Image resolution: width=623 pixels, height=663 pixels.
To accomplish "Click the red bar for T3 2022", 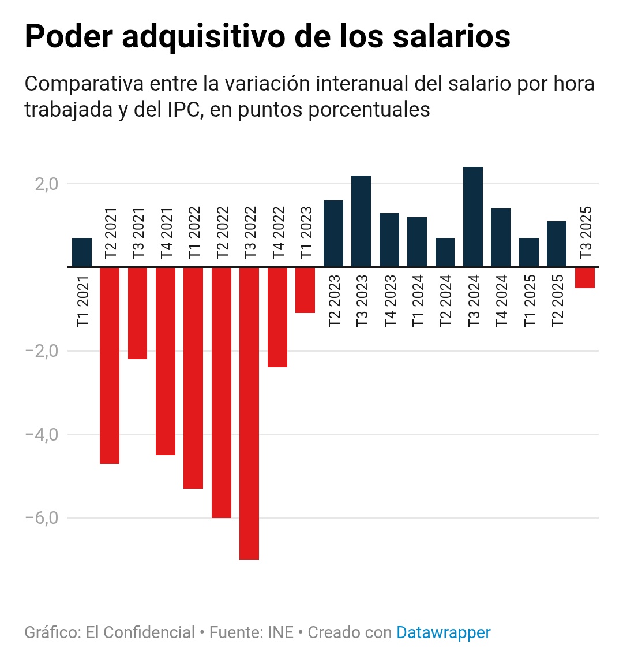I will click(249, 413).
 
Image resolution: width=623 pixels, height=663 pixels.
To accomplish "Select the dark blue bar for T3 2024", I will click(473, 217).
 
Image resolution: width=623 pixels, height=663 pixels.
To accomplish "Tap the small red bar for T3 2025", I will click(585, 278).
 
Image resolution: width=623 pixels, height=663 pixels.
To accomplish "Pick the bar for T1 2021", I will click(82, 252).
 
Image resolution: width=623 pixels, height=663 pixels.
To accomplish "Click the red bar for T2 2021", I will click(110, 365).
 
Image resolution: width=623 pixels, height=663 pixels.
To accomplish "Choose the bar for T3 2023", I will click(361, 221).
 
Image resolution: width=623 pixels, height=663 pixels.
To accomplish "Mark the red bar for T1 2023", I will click(305, 290).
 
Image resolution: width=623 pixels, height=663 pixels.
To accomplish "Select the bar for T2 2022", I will click(222, 393).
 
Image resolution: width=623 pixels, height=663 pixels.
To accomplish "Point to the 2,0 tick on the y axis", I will click(46, 184).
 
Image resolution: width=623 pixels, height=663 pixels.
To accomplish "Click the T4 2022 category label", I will click(278, 232).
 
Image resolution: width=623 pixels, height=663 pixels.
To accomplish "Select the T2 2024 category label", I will click(445, 301).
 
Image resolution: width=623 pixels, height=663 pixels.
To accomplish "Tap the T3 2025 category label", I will click(586, 232).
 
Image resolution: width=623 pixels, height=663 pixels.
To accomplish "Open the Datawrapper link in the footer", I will click(443, 632).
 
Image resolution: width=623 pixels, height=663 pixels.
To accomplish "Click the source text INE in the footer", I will click(280, 632).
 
